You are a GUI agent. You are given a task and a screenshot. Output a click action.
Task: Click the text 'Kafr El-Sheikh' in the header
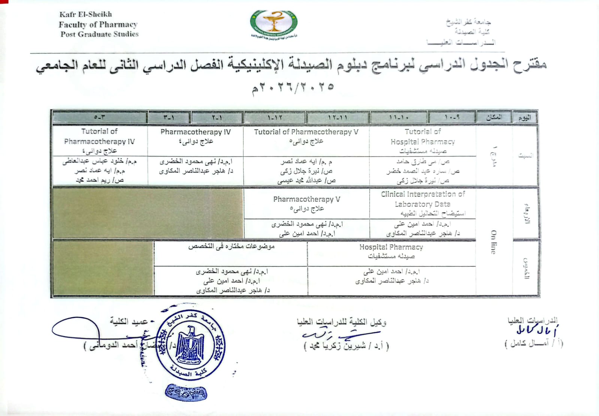point(85,14)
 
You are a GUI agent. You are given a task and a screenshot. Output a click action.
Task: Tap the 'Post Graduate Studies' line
point(99,34)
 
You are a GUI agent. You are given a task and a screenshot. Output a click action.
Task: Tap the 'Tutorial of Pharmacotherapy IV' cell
point(100,141)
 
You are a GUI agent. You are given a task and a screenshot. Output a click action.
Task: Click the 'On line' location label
point(493,242)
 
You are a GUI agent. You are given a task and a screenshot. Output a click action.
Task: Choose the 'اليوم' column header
point(524,118)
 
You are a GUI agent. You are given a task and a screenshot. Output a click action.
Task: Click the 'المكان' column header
point(494,117)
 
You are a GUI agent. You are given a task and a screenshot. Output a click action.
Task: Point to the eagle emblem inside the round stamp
point(190,344)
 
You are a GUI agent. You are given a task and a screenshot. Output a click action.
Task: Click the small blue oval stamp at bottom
point(186,393)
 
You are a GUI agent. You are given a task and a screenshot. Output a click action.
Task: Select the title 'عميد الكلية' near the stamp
point(129,321)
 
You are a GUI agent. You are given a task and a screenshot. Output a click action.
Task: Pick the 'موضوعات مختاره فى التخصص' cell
point(231,246)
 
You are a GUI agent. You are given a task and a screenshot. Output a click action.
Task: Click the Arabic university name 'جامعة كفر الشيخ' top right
point(468,22)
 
